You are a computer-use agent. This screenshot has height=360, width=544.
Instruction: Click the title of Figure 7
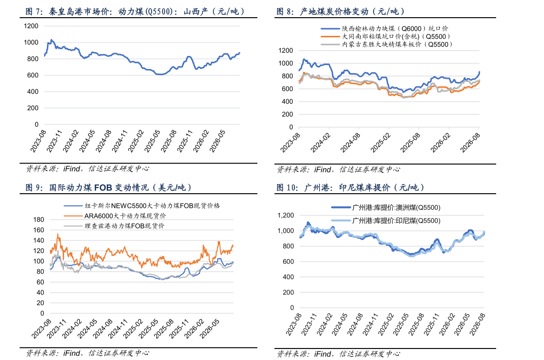(135, 11)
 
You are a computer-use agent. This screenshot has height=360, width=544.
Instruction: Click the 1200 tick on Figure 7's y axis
(31, 26)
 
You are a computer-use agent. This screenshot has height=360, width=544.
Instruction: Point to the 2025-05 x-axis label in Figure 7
(152, 141)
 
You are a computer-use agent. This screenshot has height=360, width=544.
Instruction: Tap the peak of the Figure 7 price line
(51, 40)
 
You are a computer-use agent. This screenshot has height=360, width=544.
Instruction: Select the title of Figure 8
(341, 11)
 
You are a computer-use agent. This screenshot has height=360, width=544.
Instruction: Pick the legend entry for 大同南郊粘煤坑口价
(386, 36)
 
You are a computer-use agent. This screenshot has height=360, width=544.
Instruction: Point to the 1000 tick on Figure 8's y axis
(286, 63)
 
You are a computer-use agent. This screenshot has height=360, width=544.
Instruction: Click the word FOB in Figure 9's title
(103, 187)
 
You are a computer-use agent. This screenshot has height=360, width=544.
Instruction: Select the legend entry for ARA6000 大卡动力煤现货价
(115, 216)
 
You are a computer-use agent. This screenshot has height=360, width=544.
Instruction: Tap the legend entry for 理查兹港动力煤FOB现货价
(114, 226)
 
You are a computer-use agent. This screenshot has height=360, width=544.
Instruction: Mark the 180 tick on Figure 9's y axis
(38, 219)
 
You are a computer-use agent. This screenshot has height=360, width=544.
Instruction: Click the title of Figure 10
(350, 187)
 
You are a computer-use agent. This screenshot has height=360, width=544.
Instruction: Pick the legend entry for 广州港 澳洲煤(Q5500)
(386, 207)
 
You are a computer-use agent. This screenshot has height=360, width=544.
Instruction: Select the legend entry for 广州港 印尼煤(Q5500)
(386, 220)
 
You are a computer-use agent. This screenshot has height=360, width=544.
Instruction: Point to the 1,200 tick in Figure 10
(286, 215)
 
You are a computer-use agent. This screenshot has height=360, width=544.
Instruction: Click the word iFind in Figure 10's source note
(322, 354)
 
